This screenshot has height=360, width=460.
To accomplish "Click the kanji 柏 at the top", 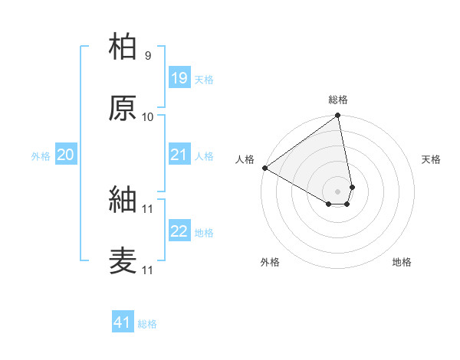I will pyautogui.click(x=123, y=47).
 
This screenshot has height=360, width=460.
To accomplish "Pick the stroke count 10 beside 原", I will pyautogui.click(x=148, y=117).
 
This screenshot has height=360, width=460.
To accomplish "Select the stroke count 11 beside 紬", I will pyautogui.click(x=148, y=209).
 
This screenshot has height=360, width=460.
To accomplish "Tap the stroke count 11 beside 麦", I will pyautogui.click(x=148, y=270).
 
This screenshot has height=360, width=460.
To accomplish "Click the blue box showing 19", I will pyautogui.click(x=179, y=78).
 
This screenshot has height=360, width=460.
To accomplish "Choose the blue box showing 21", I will pyautogui.click(x=179, y=155).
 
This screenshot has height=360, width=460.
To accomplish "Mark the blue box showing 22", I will pyautogui.click(x=179, y=231).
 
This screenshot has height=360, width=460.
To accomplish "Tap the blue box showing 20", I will pyautogui.click(x=65, y=155).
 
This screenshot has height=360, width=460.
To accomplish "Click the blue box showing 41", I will pyautogui.click(x=123, y=322).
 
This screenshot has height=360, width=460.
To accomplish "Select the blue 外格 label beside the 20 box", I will pyautogui.click(x=41, y=156).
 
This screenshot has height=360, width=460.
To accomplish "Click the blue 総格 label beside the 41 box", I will pyautogui.click(x=147, y=324).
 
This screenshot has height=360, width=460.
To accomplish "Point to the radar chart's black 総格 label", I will pyautogui.click(x=338, y=100).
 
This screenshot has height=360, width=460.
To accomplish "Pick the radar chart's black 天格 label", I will pyautogui.click(x=432, y=159).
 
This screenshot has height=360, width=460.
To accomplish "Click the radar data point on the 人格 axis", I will pyautogui.click(x=264, y=168).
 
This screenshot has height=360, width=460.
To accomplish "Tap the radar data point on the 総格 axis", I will pyautogui.click(x=338, y=116).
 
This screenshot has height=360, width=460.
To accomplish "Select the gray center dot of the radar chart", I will pyautogui.click(x=338, y=191).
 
